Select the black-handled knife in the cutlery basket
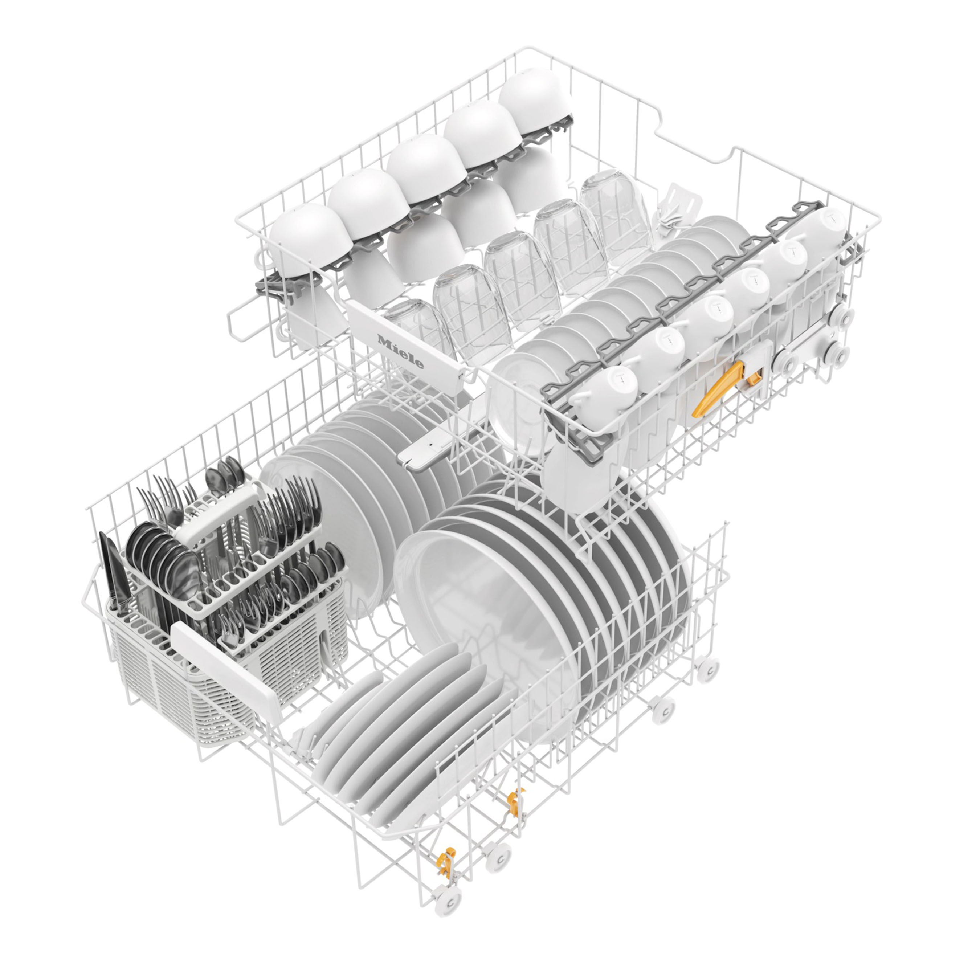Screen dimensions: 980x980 click(x=113, y=573)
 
